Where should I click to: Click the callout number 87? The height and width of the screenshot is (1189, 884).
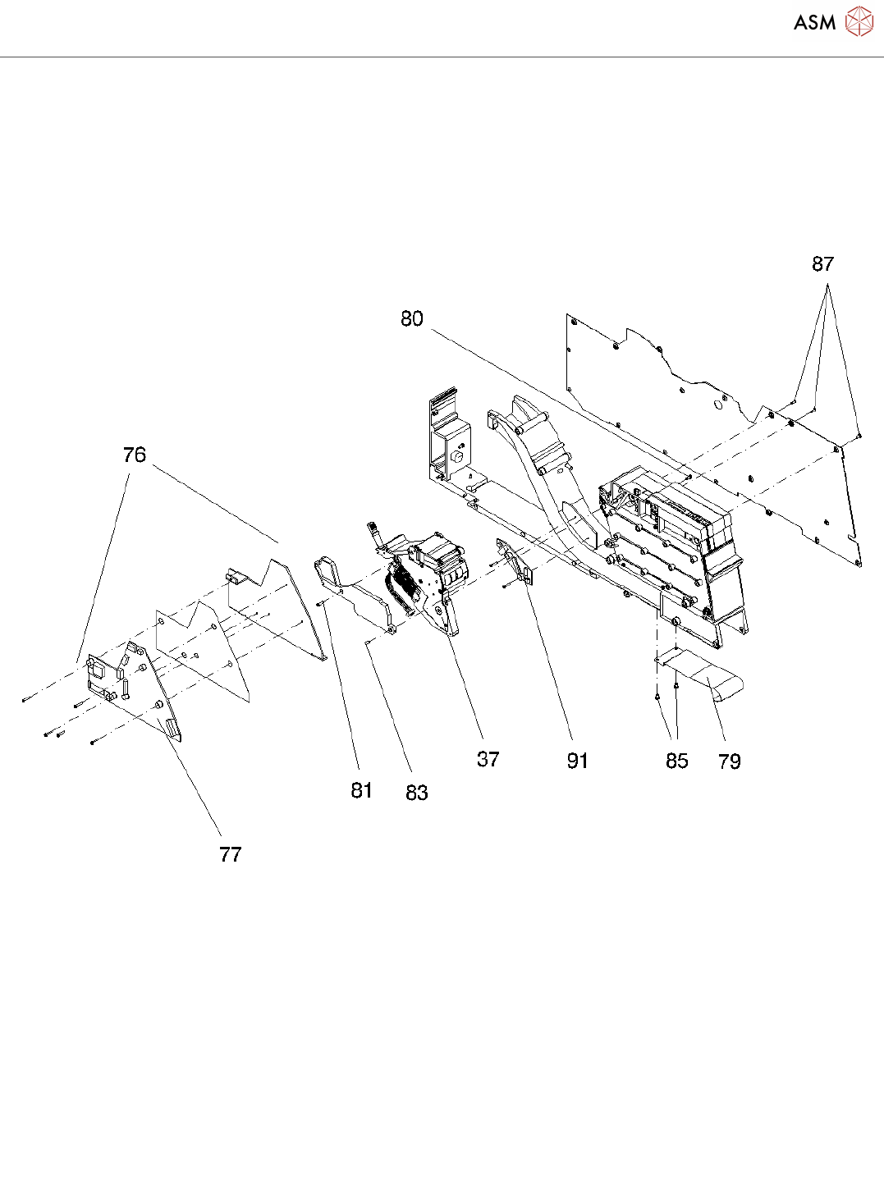click(x=822, y=264)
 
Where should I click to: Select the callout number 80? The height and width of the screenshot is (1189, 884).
click(x=412, y=318)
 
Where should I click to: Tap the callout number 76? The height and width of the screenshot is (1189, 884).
click(x=134, y=455)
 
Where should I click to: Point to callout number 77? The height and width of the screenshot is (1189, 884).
click(x=231, y=855)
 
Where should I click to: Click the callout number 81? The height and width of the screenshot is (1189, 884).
click(x=362, y=790)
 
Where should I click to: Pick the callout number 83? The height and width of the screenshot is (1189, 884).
click(x=417, y=793)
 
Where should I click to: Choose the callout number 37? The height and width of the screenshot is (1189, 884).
click(x=488, y=760)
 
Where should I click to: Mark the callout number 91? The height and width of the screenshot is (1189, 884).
click(x=578, y=761)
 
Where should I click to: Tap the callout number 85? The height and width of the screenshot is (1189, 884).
click(x=677, y=761)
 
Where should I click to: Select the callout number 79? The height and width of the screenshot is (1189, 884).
click(x=730, y=762)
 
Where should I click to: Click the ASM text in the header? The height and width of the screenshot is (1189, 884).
click(x=814, y=23)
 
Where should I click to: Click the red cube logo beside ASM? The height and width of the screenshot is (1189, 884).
click(x=859, y=21)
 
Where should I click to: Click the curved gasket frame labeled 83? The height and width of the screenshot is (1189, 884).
click(x=353, y=587)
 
